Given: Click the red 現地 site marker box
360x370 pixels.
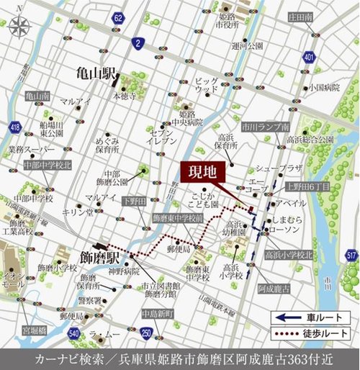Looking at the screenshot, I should tap(202, 173).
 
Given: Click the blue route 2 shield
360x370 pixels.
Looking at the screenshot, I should tap(136, 45).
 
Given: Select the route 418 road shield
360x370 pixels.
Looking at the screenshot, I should tap(14, 127).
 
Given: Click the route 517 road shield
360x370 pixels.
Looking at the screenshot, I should tap(351, 256).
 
